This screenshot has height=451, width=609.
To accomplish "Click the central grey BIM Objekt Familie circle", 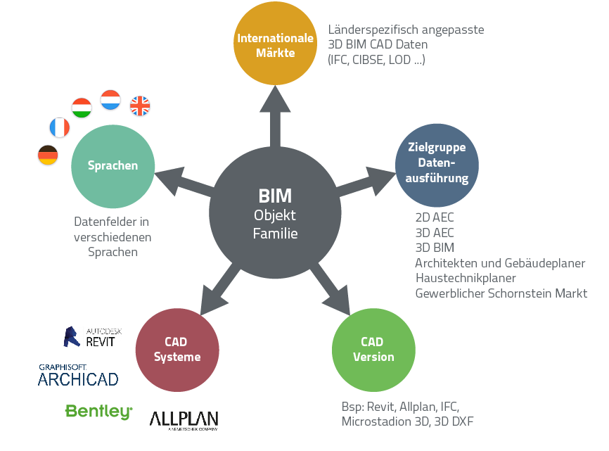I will (x=275, y=211).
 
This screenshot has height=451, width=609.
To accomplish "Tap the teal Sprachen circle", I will (x=113, y=166).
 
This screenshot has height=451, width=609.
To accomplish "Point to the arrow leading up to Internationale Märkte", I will (x=275, y=116).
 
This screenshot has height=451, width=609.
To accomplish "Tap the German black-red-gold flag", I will (x=48, y=155).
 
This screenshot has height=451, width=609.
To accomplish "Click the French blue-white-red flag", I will (x=60, y=127).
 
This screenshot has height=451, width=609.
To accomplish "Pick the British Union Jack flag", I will (x=140, y=106).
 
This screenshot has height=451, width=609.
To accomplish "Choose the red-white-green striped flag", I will (x=82, y=108).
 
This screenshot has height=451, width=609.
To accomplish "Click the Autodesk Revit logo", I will (x=89, y=337).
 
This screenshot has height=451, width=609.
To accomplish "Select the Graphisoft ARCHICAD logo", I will (x=77, y=375).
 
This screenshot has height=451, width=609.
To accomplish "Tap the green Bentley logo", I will (x=98, y=412).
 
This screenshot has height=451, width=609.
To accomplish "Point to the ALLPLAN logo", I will (x=184, y=419).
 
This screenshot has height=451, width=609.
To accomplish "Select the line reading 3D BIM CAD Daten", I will (x=378, y=45).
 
